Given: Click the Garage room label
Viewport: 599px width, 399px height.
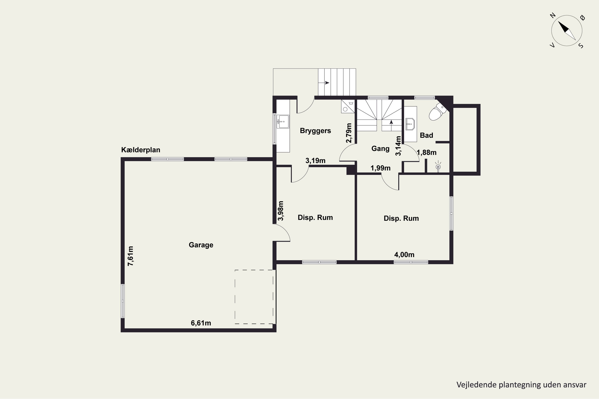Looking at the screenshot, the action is pyautogui.click(x=201, y=245).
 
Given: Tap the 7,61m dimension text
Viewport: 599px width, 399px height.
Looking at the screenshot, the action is pyautogui.click(x=130, y=256).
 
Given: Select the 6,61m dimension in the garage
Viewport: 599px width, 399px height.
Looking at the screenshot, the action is pyautogui.click(x=201, y=323).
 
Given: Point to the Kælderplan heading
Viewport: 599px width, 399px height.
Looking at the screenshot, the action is pyautogui.click(x=141, y=150).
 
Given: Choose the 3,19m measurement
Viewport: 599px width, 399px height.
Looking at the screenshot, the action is pyautogui.click(x=315, y=161).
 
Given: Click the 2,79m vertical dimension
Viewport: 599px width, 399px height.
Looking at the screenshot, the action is pyautogui.click(x=349, y=133).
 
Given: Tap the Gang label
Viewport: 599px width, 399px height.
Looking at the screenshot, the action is pyautogui.click(x=380, y=149).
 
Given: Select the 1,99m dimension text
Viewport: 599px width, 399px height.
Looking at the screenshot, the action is pyautogui.click(x=380, y=168).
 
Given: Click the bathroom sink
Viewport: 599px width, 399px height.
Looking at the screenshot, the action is pyautogui.click(x=410, y=124).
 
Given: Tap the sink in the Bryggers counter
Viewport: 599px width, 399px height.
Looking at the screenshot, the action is pyautogui.click(x=283, y=122).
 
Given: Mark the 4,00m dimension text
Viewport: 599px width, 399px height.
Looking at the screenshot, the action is pyautogui.click(x=404, y=255).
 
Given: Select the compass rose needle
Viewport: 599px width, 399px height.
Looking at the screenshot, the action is pyautogui.click(x=567, y=31).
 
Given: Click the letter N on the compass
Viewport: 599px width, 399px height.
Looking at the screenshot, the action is pyautogui.click(x=553, y=16).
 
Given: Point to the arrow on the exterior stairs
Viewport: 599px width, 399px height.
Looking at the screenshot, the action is pyautogui.click(x=324, y=83).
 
